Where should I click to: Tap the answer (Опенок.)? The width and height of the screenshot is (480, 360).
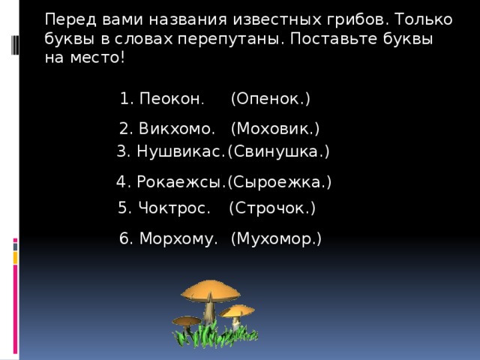[x=270, y=99]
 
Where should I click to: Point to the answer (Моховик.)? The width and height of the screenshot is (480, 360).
[x=275, y=128]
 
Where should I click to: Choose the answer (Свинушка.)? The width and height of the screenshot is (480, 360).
[x=278, y=151]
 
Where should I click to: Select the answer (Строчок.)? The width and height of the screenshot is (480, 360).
[x=271, y=208]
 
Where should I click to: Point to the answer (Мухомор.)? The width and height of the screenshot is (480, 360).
[x=276, y=239]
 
